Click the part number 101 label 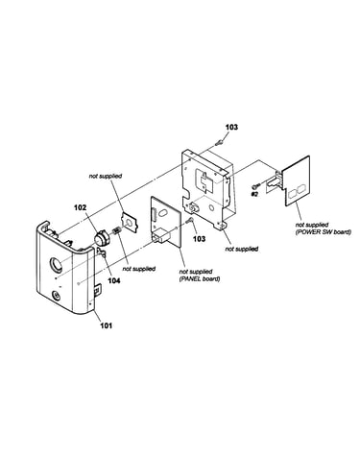[x=107, y=325]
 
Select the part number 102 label [x=80, y=207]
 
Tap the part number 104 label [x=114, y=280]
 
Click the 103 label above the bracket [x=231, y=127]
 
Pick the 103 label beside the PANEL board [x=200, y=239]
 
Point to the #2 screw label [x=254, y=194]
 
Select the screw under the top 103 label [x=220, y=142]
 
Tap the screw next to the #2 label [x=256, y=185]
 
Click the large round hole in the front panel [x=56, y=265]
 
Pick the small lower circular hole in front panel [x=56, y=296]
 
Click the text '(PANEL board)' [x=200, y=279]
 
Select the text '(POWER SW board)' [x=324, y=232]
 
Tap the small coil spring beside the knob [x=116, y=230]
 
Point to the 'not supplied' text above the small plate [x=106, y=176]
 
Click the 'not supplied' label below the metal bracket [x=242, y=249]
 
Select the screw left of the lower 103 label [x=190, y=220]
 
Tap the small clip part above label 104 [x=102, y=252]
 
